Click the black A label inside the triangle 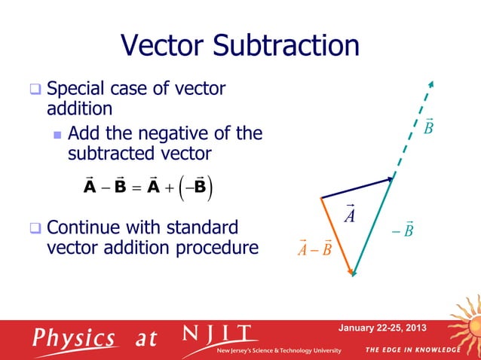(349, 215)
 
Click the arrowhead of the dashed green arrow (430, 84)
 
